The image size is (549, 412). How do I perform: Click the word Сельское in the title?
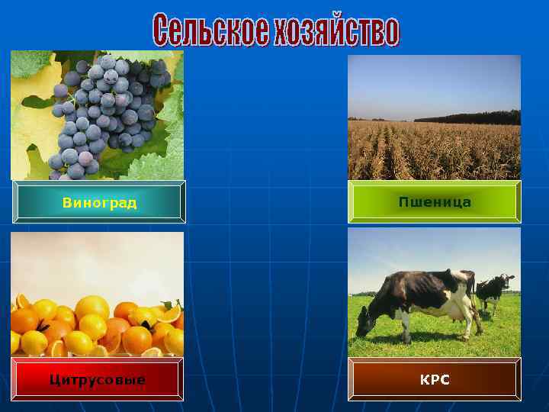pyautogui.click(x=210, y=31)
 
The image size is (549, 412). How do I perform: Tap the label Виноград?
pyautogui.click(x=99, y=203)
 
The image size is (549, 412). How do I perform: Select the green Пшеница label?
pyautogui.click(x=435, y=202)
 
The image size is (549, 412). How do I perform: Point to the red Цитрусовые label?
pyautogui.click(x=97, y=379)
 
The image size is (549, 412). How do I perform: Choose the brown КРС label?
pyautogui.click(x=435, y=379)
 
